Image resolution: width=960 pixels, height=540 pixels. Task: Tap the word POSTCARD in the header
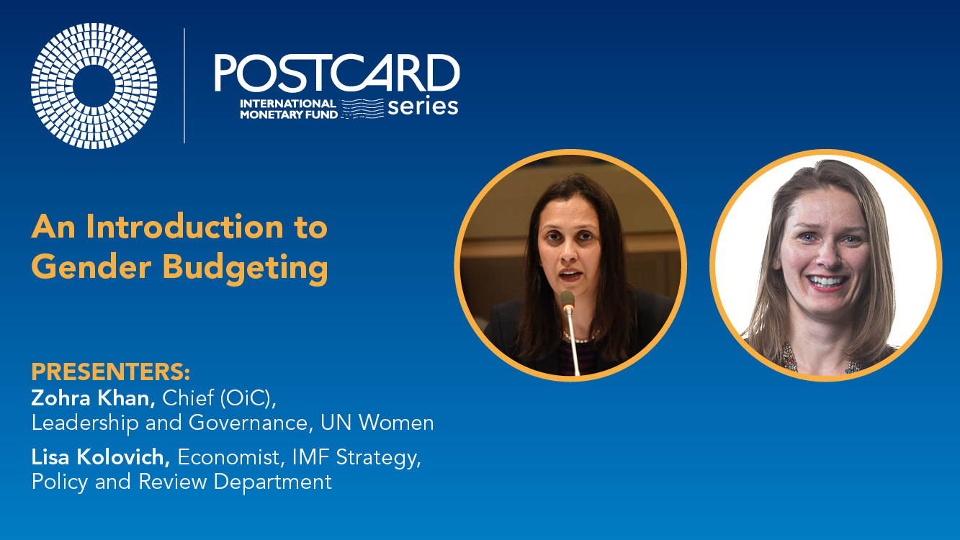337,73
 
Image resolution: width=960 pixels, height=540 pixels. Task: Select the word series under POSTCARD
423,107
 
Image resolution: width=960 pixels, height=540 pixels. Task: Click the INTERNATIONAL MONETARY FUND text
289,109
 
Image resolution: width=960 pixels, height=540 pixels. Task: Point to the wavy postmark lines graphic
362,109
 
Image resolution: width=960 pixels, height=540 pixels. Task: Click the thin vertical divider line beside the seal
184,86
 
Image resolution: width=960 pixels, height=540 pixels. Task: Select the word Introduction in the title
184,226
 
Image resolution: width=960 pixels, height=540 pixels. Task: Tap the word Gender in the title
91,266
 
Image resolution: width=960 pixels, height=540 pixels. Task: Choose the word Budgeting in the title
245,269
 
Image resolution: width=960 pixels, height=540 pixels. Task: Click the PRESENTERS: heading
111,372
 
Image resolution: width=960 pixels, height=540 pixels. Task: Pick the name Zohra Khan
93,398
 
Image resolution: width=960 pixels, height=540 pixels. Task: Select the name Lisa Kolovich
101,457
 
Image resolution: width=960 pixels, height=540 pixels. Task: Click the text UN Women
377,423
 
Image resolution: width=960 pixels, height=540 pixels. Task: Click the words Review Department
235,482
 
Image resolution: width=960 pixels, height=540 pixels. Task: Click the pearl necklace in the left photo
580,337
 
